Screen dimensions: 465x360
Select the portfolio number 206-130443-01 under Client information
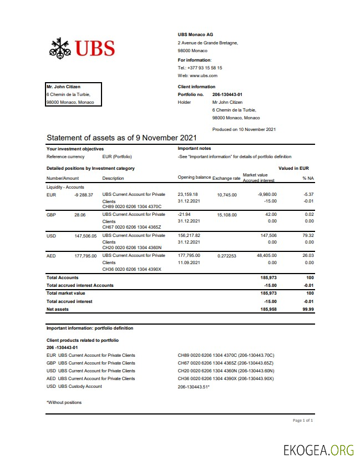tap(227, 94)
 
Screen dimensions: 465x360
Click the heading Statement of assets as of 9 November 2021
tap(121, 138)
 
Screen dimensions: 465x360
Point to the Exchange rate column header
tap(226, 178)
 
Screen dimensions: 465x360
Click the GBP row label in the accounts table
tap(51, 215)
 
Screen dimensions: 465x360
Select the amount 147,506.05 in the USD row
tap(85, 236)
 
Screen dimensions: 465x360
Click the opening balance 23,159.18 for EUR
tap(187, 195)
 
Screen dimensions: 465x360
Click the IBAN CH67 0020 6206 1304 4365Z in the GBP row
tap(131, 227)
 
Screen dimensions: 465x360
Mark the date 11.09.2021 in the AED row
tap(189, 262)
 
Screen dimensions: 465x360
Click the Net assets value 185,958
tap(268, 309)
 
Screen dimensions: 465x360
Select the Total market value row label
tap(65, 293)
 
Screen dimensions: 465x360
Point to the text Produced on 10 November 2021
tap(244, 129)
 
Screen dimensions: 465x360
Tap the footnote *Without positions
tap(64, 402)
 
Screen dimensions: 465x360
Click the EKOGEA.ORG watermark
tap(318, 449)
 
